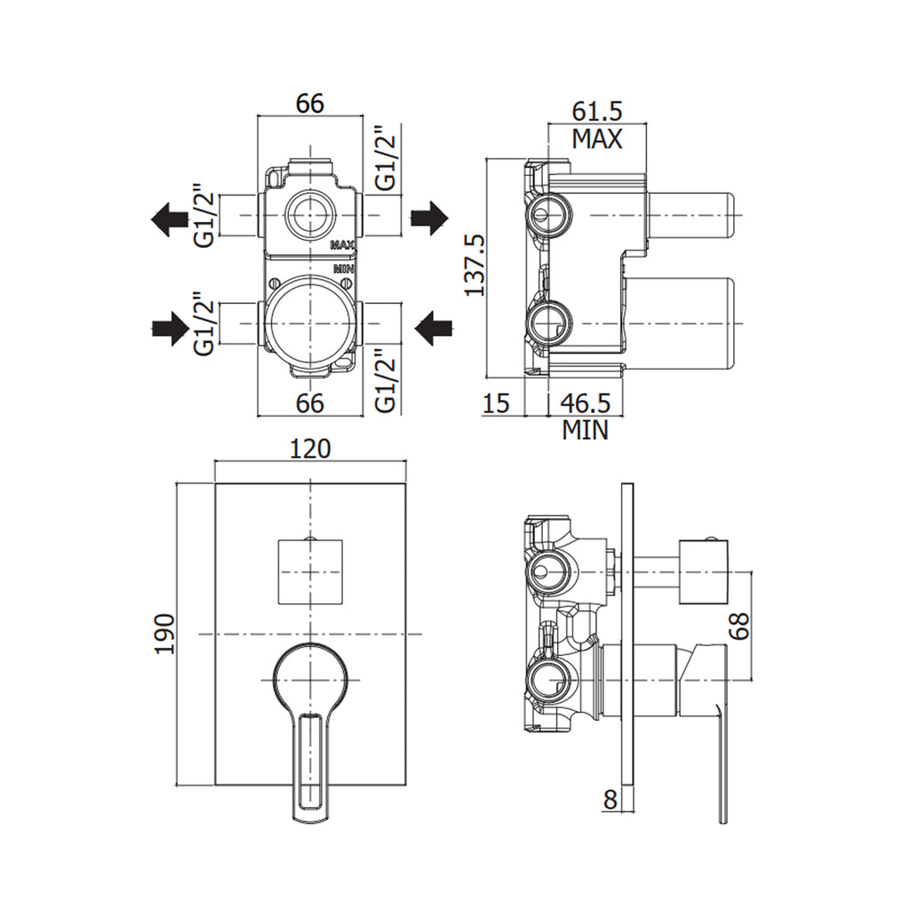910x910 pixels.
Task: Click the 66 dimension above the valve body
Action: pos(309,103)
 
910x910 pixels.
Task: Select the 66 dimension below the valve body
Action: pos(309,403)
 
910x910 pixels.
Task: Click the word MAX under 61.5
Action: pos(596,139)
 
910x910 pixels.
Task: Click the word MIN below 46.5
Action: pos(586,431)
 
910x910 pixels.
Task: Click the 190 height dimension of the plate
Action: pos(166,634)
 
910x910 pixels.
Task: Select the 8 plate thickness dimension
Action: pos(610,800)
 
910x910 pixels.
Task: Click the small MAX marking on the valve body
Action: pos(343,244)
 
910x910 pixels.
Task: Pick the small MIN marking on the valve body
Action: pos(343,267)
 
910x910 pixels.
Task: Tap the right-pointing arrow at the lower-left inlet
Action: pos(166,330)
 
